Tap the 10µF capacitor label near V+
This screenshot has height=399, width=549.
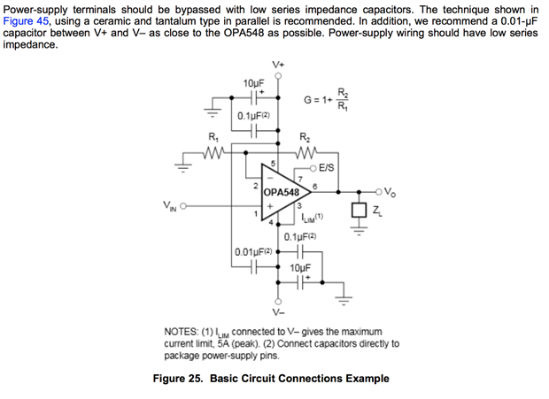pyautogui.click(x=253, y=83)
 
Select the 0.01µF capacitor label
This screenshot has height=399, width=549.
pyautogui.click(x=252, y=254)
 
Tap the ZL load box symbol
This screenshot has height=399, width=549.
pyautogui.click(x=359, y=211)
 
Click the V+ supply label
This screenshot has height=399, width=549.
pyautogui.click(x=279, y=65)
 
